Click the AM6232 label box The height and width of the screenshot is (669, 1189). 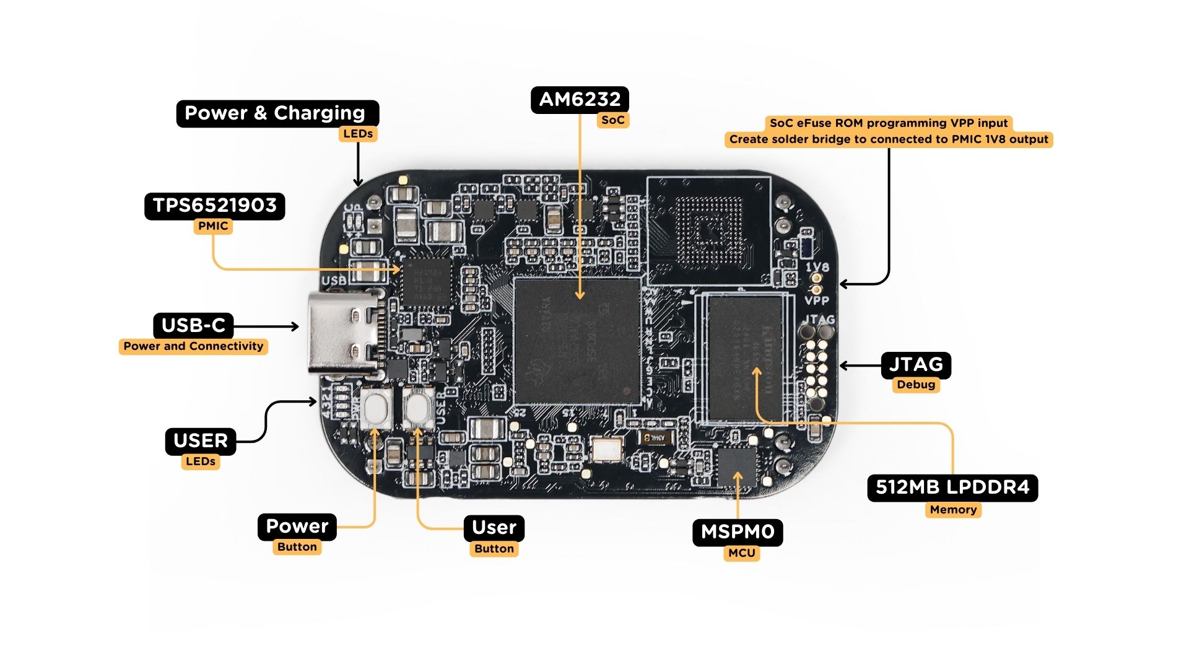click(580, 100)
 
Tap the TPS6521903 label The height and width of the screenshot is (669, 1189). click(214, 206)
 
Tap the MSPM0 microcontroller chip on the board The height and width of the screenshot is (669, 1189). click(736, 468)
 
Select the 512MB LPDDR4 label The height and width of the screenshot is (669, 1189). click(952, 488)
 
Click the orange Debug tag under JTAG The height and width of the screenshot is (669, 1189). click(915, 385)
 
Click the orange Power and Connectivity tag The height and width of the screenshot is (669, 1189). click(193, 346)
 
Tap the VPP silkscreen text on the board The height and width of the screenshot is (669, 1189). click(816, 301)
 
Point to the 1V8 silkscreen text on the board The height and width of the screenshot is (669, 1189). click(817, 268)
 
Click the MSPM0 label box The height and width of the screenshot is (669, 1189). click(737, 532)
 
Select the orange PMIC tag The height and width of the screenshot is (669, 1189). click(213, 226)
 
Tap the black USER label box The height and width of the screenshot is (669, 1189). click(200, 441)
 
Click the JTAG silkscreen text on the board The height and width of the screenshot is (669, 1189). click(818, 320)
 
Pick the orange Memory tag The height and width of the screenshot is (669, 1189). click(952, 510)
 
